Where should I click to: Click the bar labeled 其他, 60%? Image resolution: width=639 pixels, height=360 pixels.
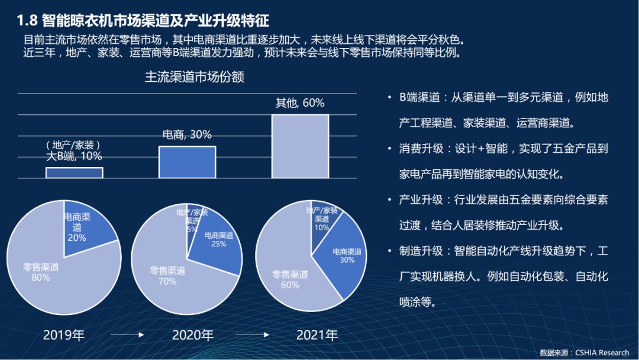point(299,146)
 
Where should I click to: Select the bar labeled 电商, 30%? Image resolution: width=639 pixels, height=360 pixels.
point(187,162)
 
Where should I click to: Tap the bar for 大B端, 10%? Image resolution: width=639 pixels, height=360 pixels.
point(74,172)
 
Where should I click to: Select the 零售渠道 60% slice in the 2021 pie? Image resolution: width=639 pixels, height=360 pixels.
point(290,275)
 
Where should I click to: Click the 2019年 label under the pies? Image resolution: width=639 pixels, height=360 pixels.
point(64,336)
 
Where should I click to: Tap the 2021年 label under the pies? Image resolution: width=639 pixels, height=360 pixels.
point(317,336)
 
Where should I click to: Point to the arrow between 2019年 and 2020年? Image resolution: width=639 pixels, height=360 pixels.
point(128,336)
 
